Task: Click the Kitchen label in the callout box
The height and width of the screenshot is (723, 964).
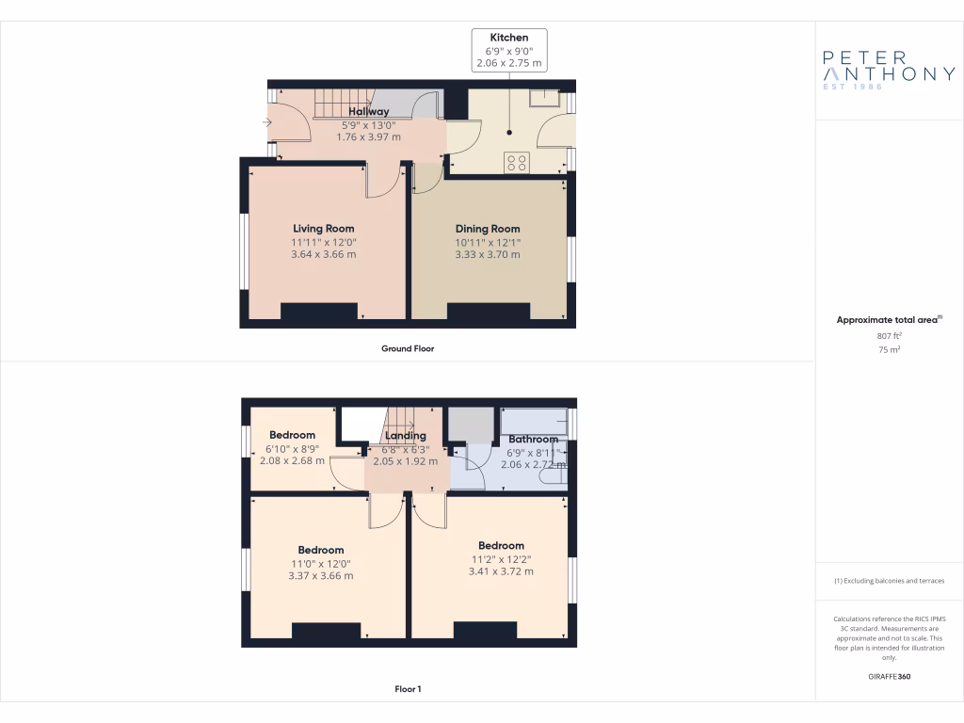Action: point(509,38)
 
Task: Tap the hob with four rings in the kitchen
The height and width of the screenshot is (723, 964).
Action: point(517,162)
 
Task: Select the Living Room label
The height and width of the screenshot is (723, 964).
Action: point(323,229)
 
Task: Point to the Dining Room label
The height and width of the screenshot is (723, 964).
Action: point(488,229)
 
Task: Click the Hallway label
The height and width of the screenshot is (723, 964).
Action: point(368,112)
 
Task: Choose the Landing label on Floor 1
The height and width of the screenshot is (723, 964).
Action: point(406,436)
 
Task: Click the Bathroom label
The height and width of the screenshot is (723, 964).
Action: point(533,440)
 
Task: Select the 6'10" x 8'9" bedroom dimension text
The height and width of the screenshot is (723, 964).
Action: point(292,448)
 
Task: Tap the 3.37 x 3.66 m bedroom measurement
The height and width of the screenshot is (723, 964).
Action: point(320,576)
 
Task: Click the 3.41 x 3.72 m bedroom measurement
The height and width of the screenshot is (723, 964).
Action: point(501,571)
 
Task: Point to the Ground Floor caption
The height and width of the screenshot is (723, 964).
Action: point(408,348)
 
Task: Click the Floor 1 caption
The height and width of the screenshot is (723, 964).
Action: point(408,689)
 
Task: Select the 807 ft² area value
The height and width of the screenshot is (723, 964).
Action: point(890,335)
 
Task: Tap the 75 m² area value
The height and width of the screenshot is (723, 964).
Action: point(890,348)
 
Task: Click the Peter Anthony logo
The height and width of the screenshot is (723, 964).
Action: point(889,70)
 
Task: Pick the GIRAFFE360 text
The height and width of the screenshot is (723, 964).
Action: point(890,676)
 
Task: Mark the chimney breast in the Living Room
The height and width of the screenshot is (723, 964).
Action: point(319,313)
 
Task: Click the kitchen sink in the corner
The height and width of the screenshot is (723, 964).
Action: point(543,98)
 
